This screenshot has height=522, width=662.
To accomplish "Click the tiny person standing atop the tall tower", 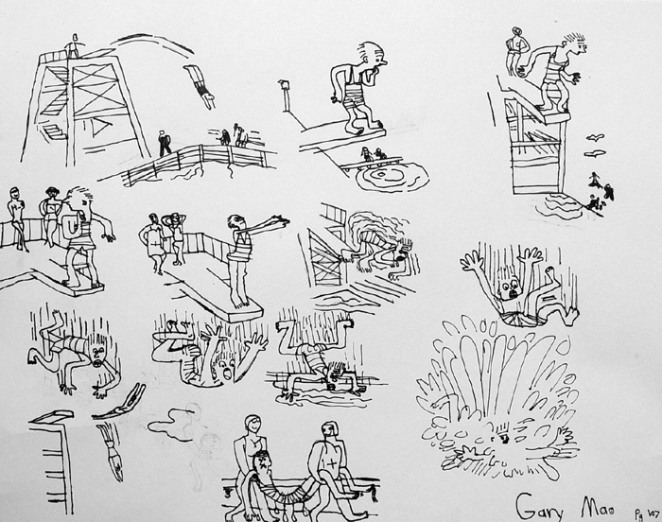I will coord(73,45).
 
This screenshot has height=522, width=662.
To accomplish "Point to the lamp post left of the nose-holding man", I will coord(283,95).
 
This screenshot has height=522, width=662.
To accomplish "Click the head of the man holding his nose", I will coord(372,56).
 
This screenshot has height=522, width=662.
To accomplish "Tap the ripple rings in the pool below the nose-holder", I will coord(390,177).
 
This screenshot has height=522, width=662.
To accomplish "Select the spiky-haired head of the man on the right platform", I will coord(574,44).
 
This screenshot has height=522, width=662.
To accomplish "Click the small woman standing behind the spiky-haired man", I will coord(515,52).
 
